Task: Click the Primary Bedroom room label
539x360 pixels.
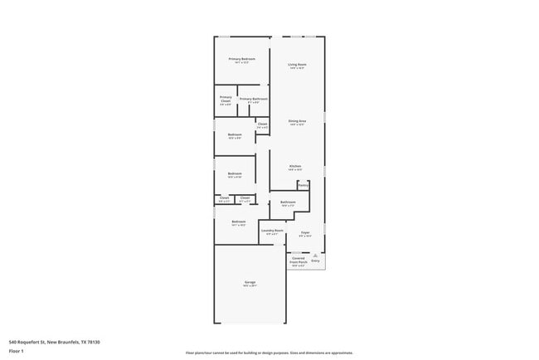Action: pyautogui.click(x=241, y=59)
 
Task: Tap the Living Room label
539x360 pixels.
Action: pyautogui.click(x=297, y=65)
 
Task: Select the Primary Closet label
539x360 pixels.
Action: pyautogui.click(x=226, y=99)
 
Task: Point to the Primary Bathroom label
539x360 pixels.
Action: pyautogui.click(x=252, y=99)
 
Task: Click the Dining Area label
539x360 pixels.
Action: pyautogui.click(x=297, y=121)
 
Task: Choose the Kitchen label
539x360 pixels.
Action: pyautogui.click(x=294, y=166)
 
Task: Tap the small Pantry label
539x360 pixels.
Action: pyautogui.click(x=303, y=185)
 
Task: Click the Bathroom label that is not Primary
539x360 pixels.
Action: pyautogui.click(x=289, y=202)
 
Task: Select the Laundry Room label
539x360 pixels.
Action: pyautogui.click(x=272, y=231)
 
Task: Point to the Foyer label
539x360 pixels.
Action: pyautogui.click(x=305, y=232)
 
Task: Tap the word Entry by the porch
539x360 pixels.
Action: pyautogui.click(x=315, y=261)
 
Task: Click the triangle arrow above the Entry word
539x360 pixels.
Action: pyautogui.click(x=315, y=256)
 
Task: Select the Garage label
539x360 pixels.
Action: pyautogui.click(x=249, y=282)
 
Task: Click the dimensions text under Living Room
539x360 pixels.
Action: pyautogui.click(x=297, y=69)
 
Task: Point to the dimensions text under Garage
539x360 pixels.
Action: pyautogui.click(x=249, y=286)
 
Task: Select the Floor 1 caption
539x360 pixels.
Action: pyautogui.click(x=16, y=351)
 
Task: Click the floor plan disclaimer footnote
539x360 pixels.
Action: pyautogui.click(x=269, y=353)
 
